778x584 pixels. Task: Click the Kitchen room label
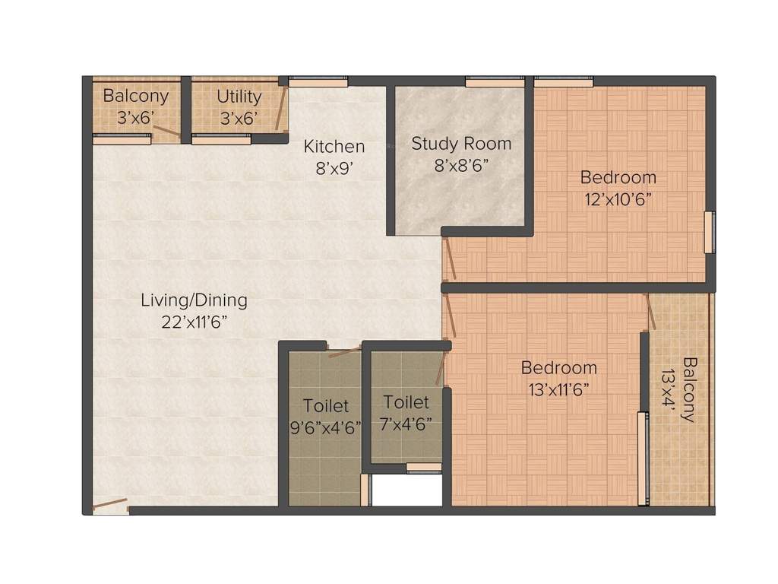tap(334, 146)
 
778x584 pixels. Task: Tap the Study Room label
tap(461, 143)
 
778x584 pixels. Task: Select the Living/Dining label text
tap(194, 300)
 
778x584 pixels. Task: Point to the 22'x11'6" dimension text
tap(194, 321)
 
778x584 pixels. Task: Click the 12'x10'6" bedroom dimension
tap(618, 198)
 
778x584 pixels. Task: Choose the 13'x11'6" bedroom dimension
tap(558, 389)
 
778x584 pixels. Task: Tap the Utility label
tap(239, 97)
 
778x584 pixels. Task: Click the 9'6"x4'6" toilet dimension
tap(326, 427)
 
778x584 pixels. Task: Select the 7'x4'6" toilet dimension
tap(406, 424)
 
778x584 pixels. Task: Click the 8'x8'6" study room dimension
tap(461, 164)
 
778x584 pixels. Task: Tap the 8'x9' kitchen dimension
tap(334, 168)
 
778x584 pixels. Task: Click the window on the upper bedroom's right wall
tap(709, 232)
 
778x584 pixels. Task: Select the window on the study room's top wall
tap(494, 81)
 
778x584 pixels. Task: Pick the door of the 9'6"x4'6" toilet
tap(344, 351)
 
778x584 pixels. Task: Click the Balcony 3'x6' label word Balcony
tap(135, 97)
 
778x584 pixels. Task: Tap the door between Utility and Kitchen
tap(280, 110)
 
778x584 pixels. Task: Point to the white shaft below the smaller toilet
tap(406, 490)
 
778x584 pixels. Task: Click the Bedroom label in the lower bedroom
tap(558, 367)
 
